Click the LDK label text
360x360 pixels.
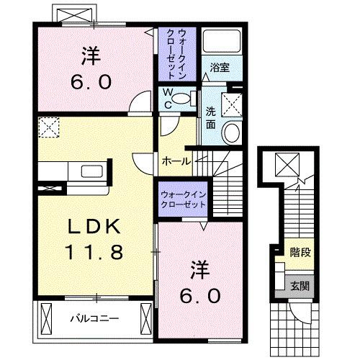94,227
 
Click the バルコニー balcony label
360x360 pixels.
94,318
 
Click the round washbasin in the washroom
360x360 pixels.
232,132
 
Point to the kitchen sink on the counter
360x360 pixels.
91,174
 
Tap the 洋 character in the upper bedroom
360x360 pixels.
91,55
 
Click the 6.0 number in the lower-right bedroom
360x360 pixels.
197,294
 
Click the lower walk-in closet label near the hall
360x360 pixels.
182,199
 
